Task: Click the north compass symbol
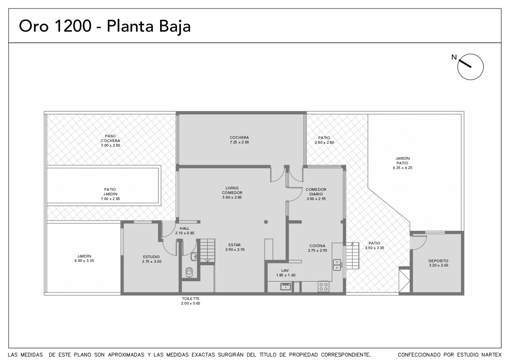tap(470, 67)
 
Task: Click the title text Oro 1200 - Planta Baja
tap(105, 26)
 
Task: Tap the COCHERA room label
tap(239, 137)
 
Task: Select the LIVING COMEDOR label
tap(232, 190)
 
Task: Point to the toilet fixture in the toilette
tap(189, 272)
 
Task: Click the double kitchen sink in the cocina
tap(337, 265)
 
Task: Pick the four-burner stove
tap(323, 286)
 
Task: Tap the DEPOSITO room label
tap(438, 261)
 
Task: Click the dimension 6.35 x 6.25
tap(403, 168)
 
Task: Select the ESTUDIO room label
tap(151, 257)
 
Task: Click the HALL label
tap(185, 228)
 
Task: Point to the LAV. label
tap(286, 270)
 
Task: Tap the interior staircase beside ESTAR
tap(208, 250)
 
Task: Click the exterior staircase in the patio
tap(352, 256)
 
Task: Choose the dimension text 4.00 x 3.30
tap(84, 261)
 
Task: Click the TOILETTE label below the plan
tap(191, 299)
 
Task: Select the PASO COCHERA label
tap(110, 138)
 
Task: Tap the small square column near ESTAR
tap(266, 222)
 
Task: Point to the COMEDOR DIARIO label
tap(316, 191)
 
